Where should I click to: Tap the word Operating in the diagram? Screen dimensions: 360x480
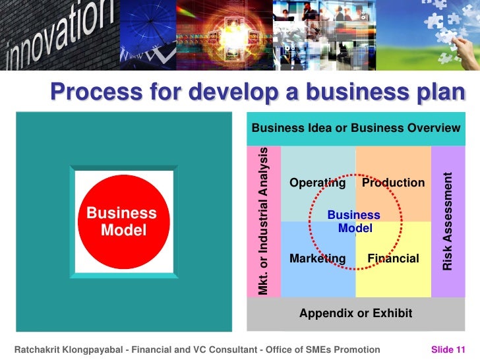[x=317, y=183]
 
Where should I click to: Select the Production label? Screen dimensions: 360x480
[x=393, y=183]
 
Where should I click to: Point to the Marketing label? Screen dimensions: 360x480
[x=317, y=258]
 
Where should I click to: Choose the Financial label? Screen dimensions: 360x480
[x=393, y=258]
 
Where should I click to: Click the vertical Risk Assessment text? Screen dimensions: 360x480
[x=448, y=222]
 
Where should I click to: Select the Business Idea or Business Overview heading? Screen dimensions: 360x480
[x=356, y=127]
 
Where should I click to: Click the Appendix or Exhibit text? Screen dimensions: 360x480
[x=356, y=313]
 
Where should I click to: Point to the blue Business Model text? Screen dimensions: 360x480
[x=354, y=222]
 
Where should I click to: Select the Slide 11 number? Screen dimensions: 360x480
[x=448, y=349]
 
